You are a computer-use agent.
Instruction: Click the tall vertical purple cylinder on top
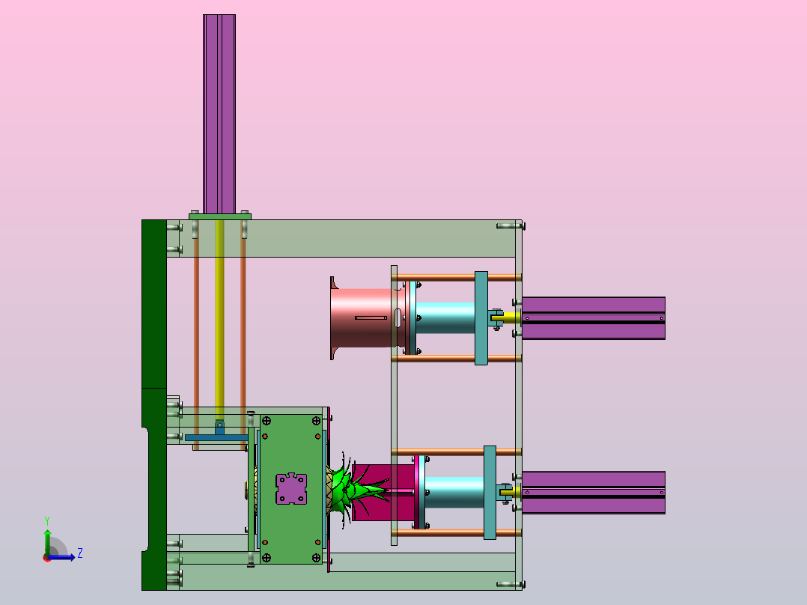[x=219, y=114]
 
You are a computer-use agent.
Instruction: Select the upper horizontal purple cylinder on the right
[x=594, y=318]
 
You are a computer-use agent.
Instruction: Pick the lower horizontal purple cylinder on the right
[x=594, y=493]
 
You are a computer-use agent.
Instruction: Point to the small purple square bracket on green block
[x=291, y=489]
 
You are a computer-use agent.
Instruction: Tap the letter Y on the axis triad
[x=47, y=521]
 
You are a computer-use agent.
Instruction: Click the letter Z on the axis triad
[x=80, y=553]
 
